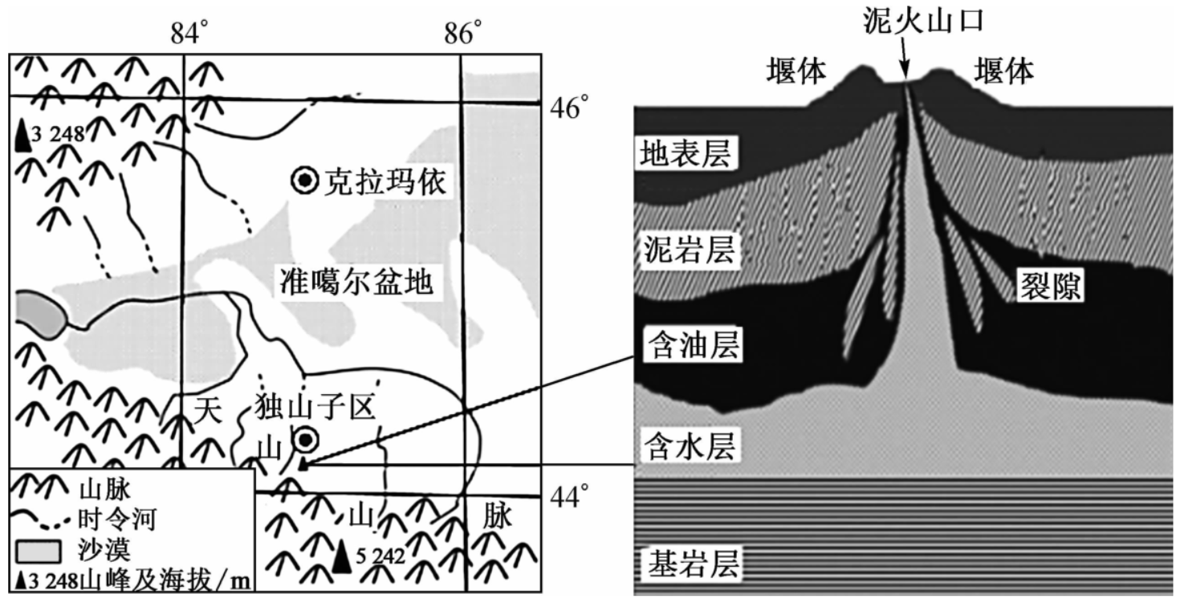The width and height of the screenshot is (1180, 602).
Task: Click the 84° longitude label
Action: (x=189, y=33)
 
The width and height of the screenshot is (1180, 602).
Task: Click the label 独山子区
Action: (x=314, y=409)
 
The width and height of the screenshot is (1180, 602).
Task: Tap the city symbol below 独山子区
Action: (x=305, y=439)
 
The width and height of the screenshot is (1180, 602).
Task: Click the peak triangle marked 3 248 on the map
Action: (x=24, y=136)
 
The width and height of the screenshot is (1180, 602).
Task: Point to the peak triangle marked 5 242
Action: (x=343, y=557)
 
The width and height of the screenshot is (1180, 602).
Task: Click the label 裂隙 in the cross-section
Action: (x=1048, y=284)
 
